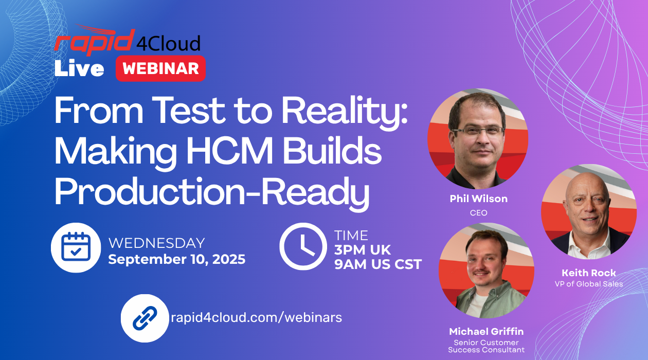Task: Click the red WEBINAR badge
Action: [160, 68]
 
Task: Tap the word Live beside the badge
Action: [79, 68]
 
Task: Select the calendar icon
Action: [76, 247]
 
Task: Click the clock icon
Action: [303, 246]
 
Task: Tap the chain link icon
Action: [145, 318]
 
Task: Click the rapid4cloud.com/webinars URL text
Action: [256, 317]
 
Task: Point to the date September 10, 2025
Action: [177, 259]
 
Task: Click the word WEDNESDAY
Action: [156, 243]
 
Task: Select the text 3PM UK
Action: [363, 250]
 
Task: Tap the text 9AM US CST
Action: [378, 264]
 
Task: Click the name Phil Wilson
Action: [478, 199]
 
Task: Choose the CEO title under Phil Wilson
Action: [478, 213]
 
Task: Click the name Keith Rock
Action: [589, 273]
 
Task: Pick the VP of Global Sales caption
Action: [589, 284]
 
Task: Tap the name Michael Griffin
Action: [487, 331]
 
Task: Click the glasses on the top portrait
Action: [479, 130]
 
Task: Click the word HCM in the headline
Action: [230, 151]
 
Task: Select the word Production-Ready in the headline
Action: [212, 192]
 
